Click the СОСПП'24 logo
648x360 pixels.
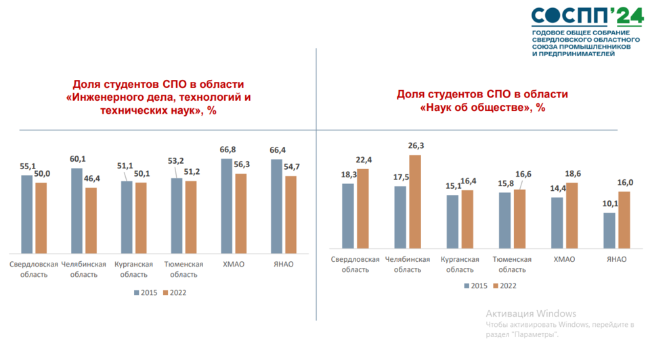pos(586,16)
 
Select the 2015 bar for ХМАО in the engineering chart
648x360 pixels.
pos(230,205)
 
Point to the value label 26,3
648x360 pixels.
pos(415,145)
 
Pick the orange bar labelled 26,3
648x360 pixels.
pos(415,202)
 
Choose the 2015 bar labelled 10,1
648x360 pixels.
pos(609,231)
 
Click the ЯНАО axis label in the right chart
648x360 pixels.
pos(615,259)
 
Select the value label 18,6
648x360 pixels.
pos(572,174)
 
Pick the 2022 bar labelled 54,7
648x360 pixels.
pos(291,215)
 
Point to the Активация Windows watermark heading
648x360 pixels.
pos(531,313)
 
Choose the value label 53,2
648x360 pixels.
pos(175,160)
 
